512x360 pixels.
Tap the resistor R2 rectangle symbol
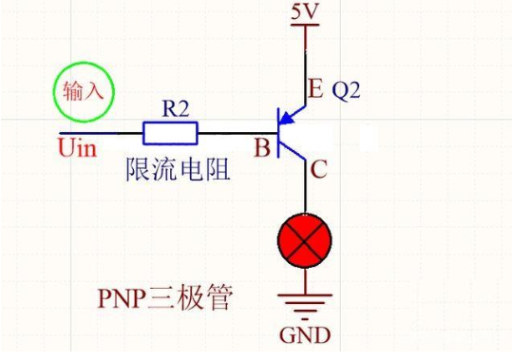[x=170, y=132]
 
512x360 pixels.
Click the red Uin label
[x=77, y=148]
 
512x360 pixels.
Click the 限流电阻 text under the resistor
[x=179, y=172]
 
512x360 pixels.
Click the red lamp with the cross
[x=304, y=242]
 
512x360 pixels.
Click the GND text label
[x=304, y=336]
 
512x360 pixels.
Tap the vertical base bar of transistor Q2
[x=278, y=132]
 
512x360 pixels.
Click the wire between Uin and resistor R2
[x=100, y=132]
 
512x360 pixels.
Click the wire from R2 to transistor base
[x=237, y=132]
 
